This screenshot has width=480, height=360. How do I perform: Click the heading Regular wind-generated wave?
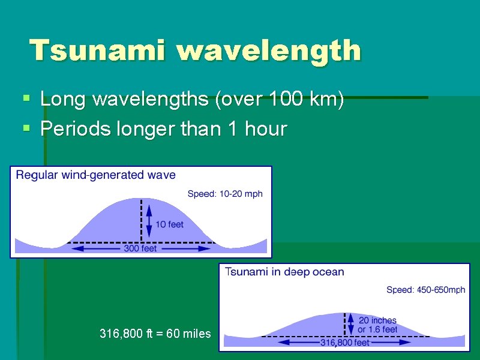(95, 175)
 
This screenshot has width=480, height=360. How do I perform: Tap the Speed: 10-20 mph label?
(225, 194)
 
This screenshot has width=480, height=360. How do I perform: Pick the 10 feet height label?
(169, 224)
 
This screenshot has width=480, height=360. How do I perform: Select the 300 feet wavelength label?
(140, 248)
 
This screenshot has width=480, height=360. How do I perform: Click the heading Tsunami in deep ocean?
(284, 272)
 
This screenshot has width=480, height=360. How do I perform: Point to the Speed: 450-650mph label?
(425, 290)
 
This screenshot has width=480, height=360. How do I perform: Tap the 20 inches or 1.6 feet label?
(377, 325)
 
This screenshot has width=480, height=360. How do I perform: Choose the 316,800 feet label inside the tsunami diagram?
(345, 343)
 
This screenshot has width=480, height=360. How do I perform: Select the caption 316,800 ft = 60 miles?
(155, 334)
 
